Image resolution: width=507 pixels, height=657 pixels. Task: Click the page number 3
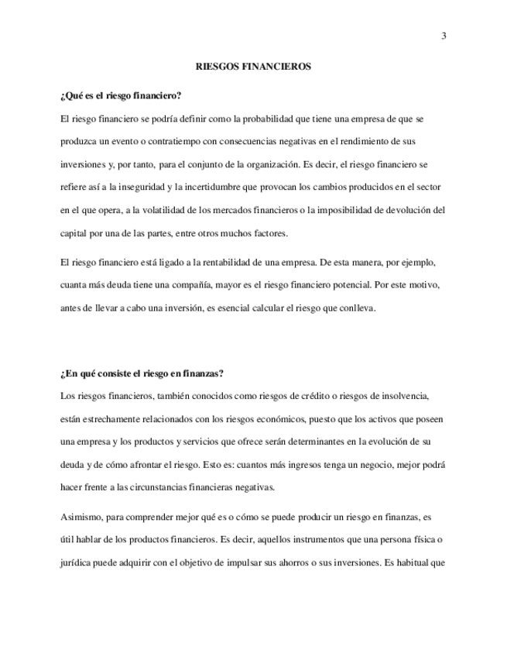(x=444, y=35)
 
